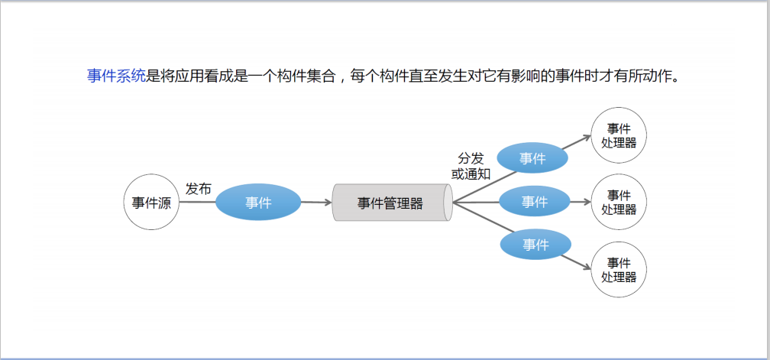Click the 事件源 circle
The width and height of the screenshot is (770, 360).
coord(151,203)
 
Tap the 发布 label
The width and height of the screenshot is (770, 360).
coord(198,189)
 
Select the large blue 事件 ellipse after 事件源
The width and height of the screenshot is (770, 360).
coord(258,203)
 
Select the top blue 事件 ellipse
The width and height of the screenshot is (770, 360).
coord(532,158)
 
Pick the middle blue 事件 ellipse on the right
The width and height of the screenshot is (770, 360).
coord(535,202)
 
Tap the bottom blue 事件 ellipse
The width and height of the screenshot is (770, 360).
coord(535,245)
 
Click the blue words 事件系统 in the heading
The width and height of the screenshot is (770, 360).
coord(116,76)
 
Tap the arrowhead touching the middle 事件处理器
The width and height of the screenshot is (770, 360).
coord(587,202)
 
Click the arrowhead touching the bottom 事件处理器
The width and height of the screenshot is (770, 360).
coord(587,267)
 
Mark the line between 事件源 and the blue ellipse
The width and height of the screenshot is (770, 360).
coord(197,203)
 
